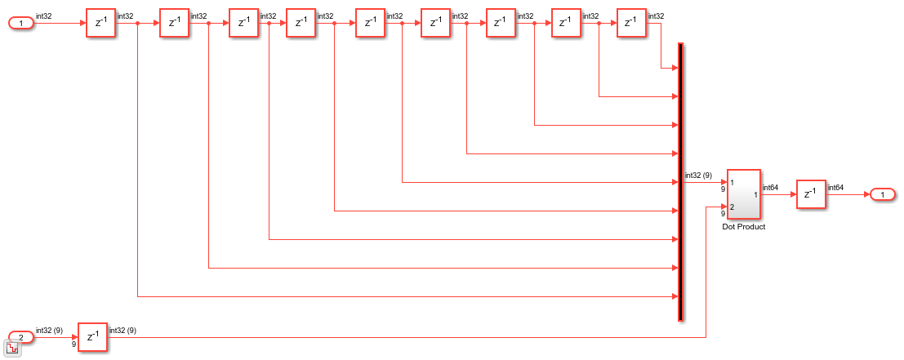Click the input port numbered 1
20,24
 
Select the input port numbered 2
20,336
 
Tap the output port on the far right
883,194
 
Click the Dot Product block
743,194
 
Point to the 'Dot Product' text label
743,227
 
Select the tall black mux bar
680,182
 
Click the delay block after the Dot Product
811,194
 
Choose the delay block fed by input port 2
92,336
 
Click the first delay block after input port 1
101,24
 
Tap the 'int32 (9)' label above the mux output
698,176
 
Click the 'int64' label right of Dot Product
770,188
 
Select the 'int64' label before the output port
836,188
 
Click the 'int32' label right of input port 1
44,16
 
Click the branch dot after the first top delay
138,24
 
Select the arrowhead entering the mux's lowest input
674,296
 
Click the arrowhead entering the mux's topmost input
674,68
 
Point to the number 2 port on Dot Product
733,207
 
